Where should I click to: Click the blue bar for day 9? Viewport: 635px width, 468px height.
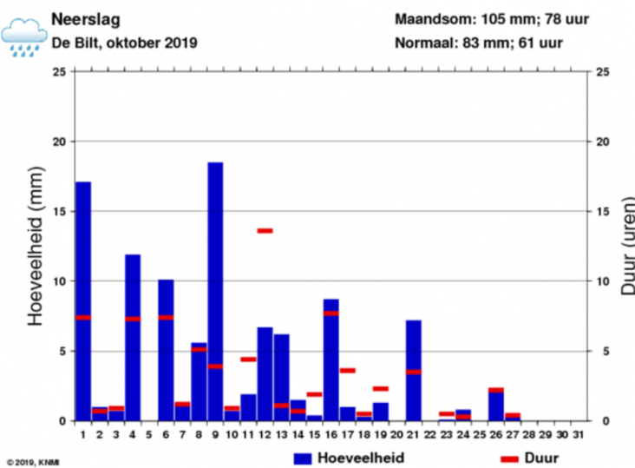click(x=215, y=291)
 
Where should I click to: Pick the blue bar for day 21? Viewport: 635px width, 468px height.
click(x=414, y=370)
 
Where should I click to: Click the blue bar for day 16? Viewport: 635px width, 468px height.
click(x=331, y=359)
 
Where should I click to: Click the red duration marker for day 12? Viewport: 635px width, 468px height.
click(x=265, y=231)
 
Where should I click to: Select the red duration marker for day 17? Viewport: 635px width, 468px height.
click(x=348, y=371)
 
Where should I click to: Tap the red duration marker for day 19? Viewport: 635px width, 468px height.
click(x=381, y=389)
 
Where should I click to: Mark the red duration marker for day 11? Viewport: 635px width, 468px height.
click(x=248, y=359)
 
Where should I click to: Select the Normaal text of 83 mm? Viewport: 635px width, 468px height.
click(x=478, y=42)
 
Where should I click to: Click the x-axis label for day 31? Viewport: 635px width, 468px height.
click(x=579, y=434)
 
